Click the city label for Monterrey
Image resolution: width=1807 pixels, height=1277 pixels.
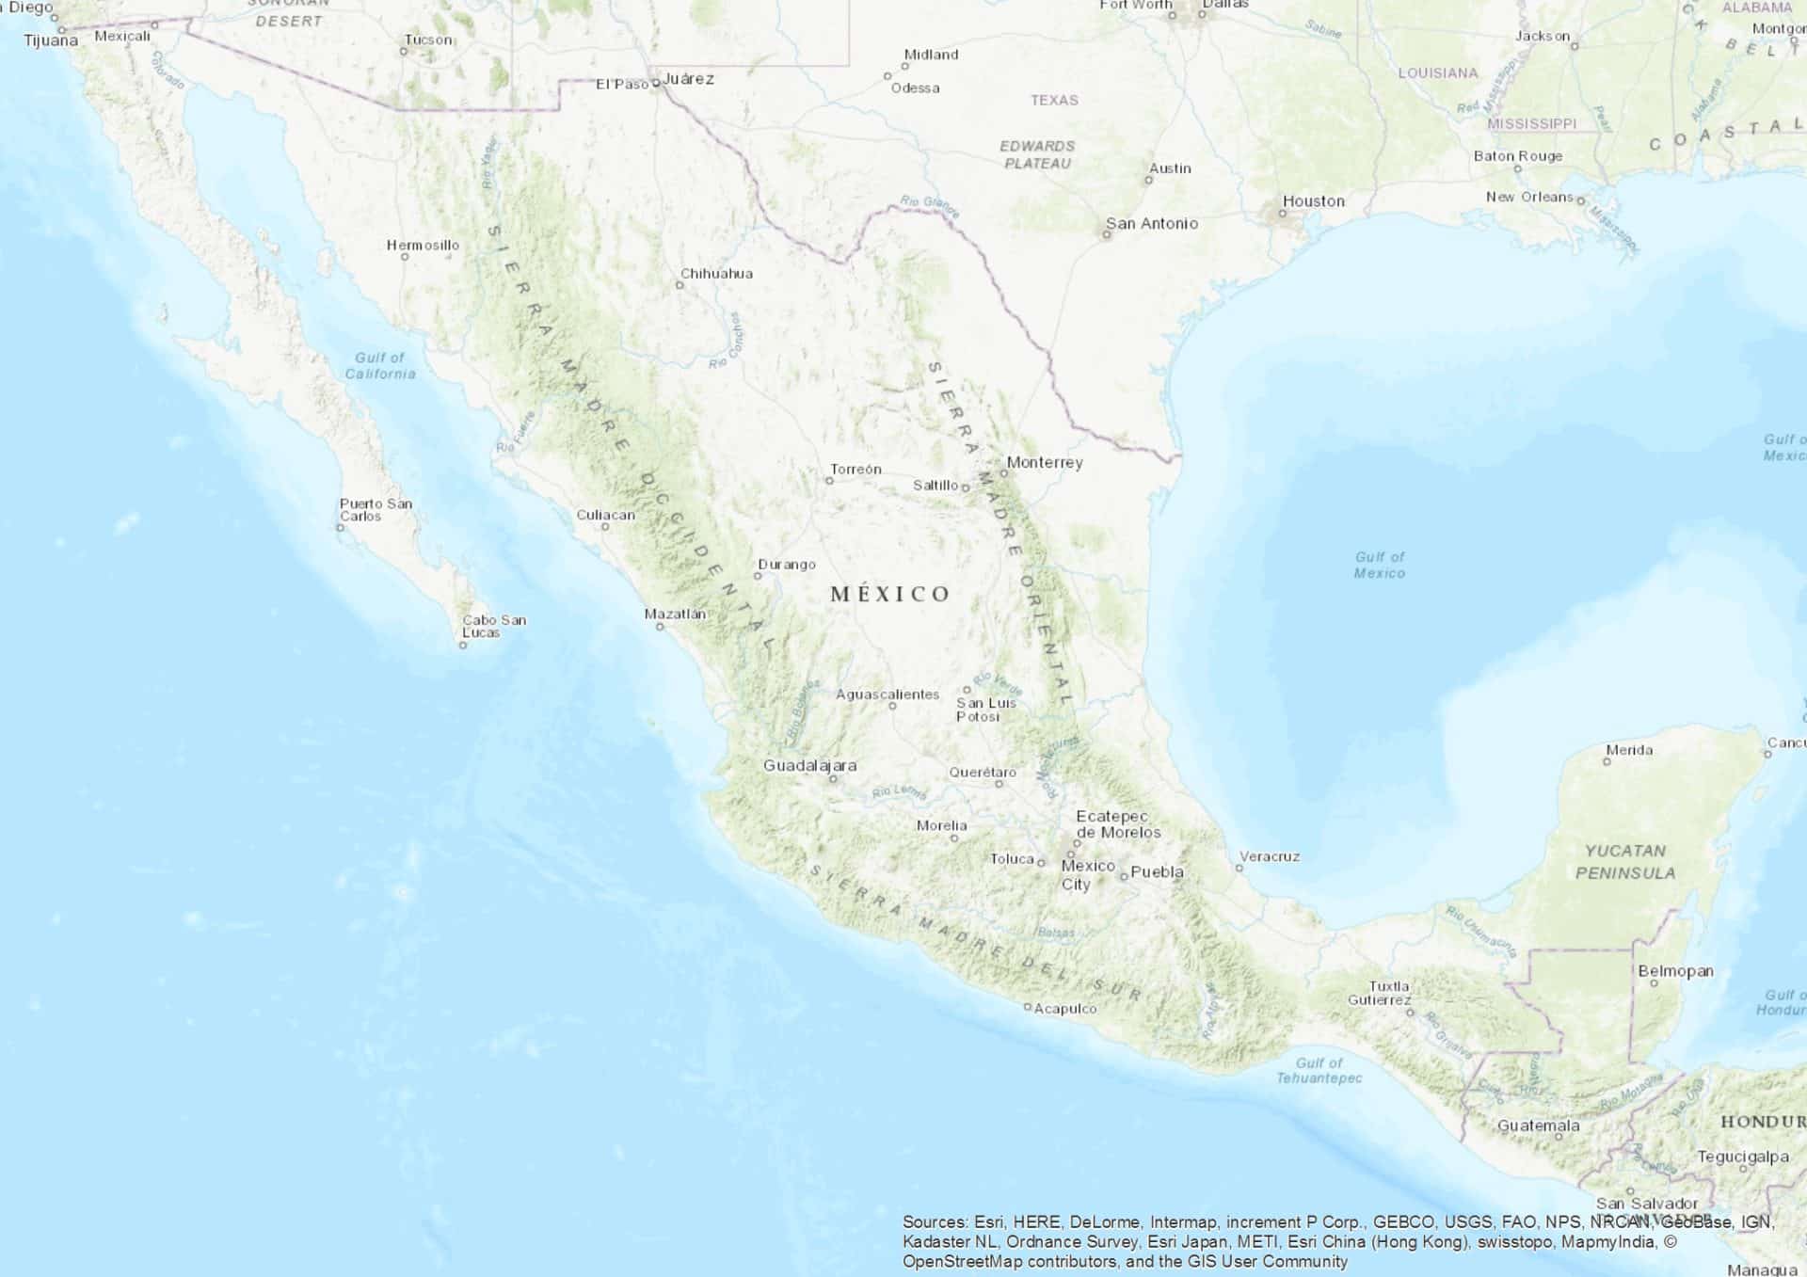coord(1044,462)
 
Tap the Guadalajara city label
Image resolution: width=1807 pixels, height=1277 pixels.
coord(809,765)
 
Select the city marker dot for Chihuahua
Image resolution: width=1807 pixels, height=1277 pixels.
coord(680,285)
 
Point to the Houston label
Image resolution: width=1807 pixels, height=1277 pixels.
coord(1313,200)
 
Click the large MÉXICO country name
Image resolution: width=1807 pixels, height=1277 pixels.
coord(890,594)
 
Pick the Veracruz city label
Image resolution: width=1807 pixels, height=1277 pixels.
coord(1269,856)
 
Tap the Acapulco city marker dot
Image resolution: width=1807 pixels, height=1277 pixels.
coord(1028,1007)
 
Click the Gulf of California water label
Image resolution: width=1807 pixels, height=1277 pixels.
coord(379,365)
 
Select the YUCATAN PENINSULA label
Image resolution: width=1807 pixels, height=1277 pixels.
coord(1625,862)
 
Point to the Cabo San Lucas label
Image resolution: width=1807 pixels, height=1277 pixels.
coord(493,626)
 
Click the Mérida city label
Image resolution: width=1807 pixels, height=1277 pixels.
coord(1629,750)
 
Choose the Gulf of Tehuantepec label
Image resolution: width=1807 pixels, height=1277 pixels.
coord(1319,1070)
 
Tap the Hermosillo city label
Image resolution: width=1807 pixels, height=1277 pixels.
coord(423,245)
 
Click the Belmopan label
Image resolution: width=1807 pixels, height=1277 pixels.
coord(1675,970)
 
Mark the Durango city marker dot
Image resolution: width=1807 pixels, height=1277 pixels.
coord(758,576)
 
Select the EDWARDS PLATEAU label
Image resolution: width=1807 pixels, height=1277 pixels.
coord(1037,154)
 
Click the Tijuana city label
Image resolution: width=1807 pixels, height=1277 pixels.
coord(51,40)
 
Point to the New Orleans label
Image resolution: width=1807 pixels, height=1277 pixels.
coord(1529,197)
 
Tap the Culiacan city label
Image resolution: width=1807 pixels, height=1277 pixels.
coord(605,515)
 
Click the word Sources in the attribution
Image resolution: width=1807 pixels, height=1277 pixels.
coord(935,1222)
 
